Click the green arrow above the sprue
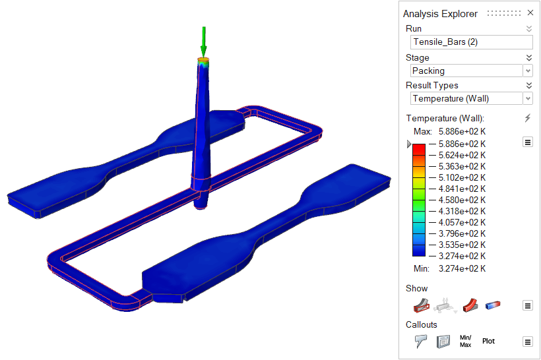pos(204,42)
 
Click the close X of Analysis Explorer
pos(530,13)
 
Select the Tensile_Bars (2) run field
pos(471,42)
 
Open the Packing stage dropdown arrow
pos(528,71)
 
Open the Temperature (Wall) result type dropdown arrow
pos(528,99)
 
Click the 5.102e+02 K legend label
pos(462,177)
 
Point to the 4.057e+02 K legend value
pos(462,222)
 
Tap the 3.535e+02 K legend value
pos(462,245)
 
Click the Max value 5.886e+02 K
pos(462,131)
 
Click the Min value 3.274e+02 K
pos(462,268)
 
